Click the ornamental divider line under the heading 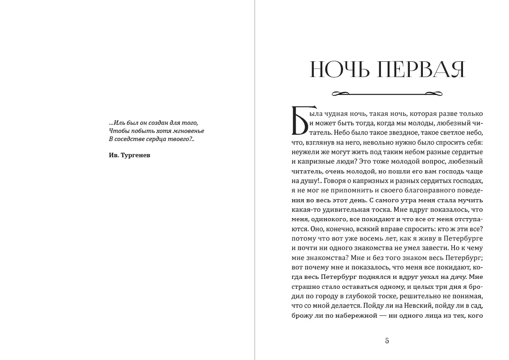387,94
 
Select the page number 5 387,341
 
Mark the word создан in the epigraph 159,123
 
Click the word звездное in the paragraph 401,133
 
